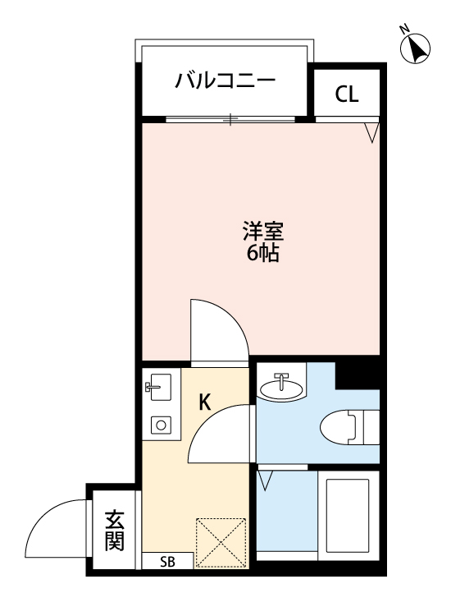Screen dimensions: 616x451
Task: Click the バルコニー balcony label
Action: pyautogui.click(x=224, y=81)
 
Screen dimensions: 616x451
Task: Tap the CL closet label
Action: pyautogui.click(x=347, y=94)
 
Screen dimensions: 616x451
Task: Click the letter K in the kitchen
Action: pyautogui.click(x=205, y=402)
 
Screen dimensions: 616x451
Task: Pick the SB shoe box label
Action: pyautogui.click(x=167, y=562)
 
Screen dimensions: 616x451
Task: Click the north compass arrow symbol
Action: pyautogui.click(x=417, y=49)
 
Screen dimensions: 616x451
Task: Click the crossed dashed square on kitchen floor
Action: pyautogui.click(x=221, y=542)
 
